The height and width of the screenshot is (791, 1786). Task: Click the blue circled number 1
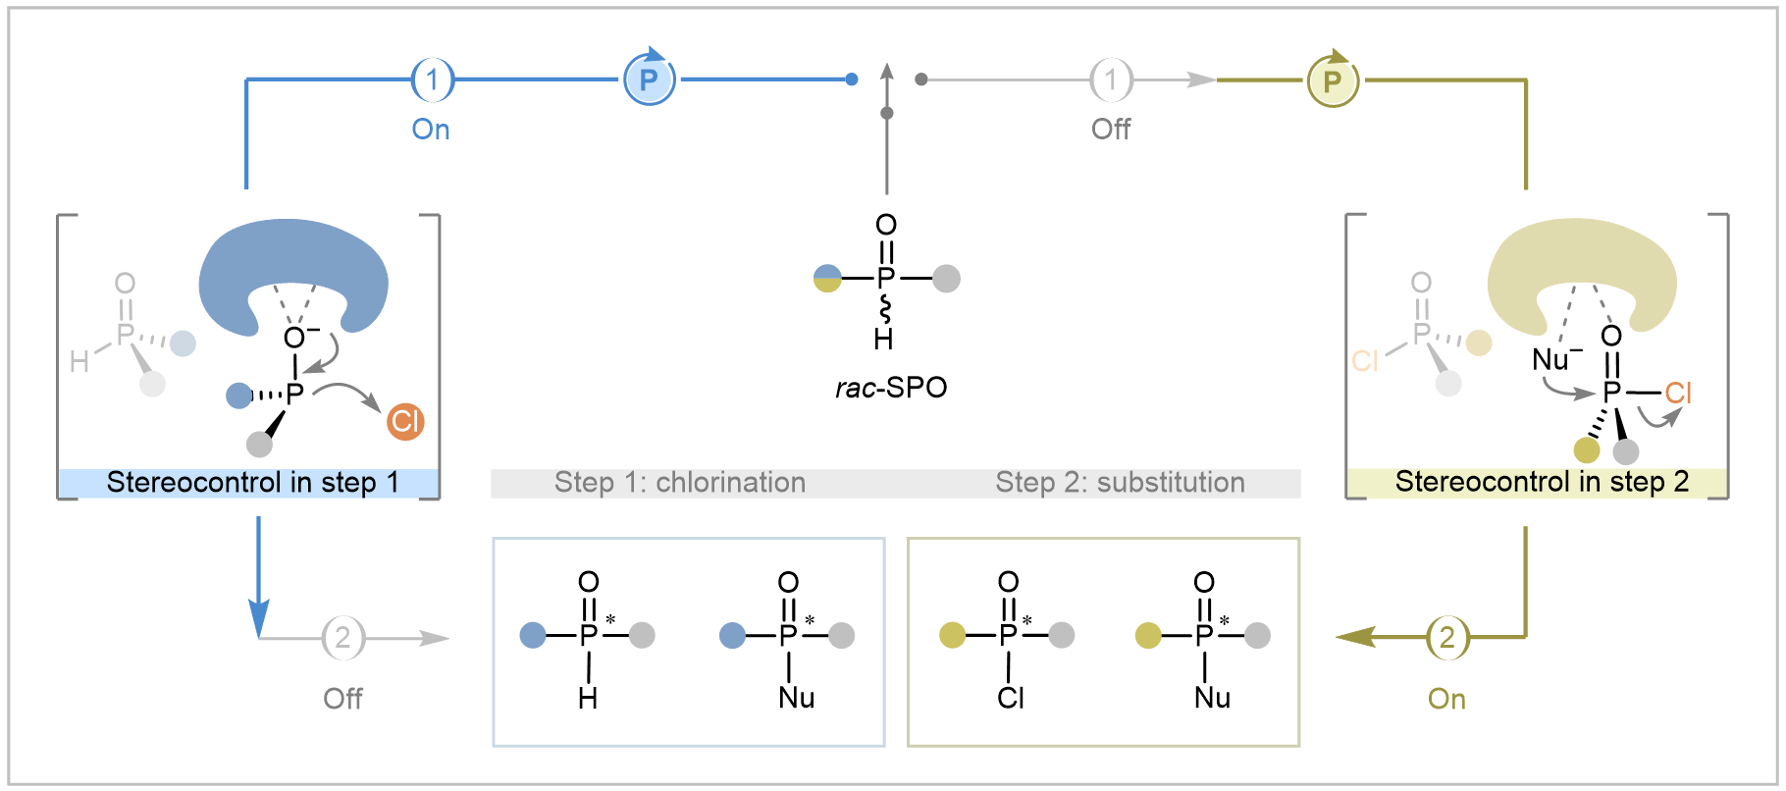432,79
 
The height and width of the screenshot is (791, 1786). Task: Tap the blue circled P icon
649,79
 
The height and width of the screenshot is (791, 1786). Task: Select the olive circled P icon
1332,80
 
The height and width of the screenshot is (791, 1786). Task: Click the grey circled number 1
1111,79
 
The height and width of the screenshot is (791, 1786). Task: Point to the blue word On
431,130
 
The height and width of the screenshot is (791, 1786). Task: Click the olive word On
1446,699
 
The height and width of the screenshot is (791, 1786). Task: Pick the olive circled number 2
1446,638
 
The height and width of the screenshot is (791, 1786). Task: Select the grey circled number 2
342,638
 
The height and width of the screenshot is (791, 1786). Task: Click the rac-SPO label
891,388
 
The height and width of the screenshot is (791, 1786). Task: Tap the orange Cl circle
405,421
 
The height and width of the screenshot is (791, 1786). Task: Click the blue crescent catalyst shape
294,265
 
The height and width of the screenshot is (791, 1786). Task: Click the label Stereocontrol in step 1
252,483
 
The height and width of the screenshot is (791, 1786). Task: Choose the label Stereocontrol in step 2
1542,482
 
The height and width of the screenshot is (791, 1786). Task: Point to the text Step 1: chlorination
679,483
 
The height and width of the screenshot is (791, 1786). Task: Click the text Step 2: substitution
1120,483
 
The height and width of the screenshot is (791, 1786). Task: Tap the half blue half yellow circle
827,279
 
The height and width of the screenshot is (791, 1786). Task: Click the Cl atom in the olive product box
1010,698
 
